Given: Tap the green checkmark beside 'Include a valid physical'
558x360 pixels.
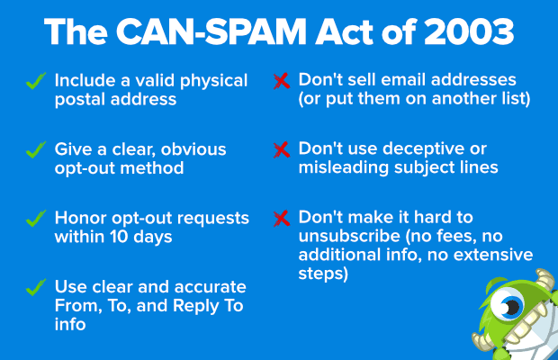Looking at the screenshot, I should [37, 81].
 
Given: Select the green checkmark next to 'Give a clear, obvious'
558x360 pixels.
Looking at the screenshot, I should [37, 149].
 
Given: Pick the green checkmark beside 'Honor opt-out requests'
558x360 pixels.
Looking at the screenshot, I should [37, 219].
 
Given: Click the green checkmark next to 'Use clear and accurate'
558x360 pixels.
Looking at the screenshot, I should [37, 287].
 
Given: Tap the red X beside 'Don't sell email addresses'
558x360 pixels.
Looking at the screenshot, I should [281, 81].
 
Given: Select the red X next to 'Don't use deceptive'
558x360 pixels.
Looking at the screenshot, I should [281, 149].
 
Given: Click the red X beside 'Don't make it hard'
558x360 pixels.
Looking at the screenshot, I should [281, 219].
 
